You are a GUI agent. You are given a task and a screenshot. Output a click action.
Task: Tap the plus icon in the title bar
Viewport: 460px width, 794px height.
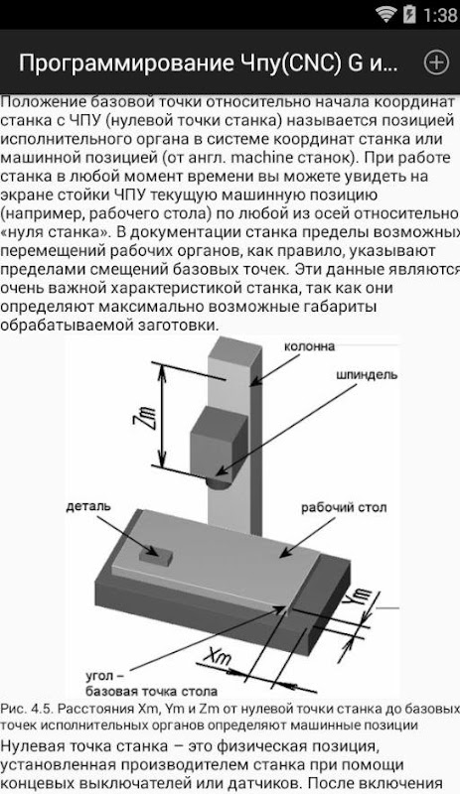[x=436, y=63]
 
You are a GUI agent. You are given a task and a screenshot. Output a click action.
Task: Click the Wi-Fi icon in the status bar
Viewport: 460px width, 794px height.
[x=385, y=14]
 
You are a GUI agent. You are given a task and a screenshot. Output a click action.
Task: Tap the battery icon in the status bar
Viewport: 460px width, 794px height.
[x=409, y=14]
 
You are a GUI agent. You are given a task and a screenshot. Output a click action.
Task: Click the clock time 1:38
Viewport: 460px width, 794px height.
[x=440, y=15]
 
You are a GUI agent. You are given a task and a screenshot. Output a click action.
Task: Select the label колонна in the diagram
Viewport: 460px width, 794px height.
[x=309, y=346]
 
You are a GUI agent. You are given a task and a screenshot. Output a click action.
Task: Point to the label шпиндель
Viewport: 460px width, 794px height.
[x=367, y=375]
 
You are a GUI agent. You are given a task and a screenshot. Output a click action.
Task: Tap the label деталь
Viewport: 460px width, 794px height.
[x=88, y=506]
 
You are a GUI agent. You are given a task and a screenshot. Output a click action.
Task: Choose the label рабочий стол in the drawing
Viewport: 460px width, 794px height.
[x=344, y=508]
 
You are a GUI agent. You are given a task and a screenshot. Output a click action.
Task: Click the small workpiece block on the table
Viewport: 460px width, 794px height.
[x=155, y=556]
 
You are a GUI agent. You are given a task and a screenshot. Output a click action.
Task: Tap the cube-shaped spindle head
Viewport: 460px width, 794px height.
[x=220, y=442]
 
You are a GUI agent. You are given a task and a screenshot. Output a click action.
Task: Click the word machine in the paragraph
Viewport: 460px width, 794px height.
[x=260, y=158]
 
